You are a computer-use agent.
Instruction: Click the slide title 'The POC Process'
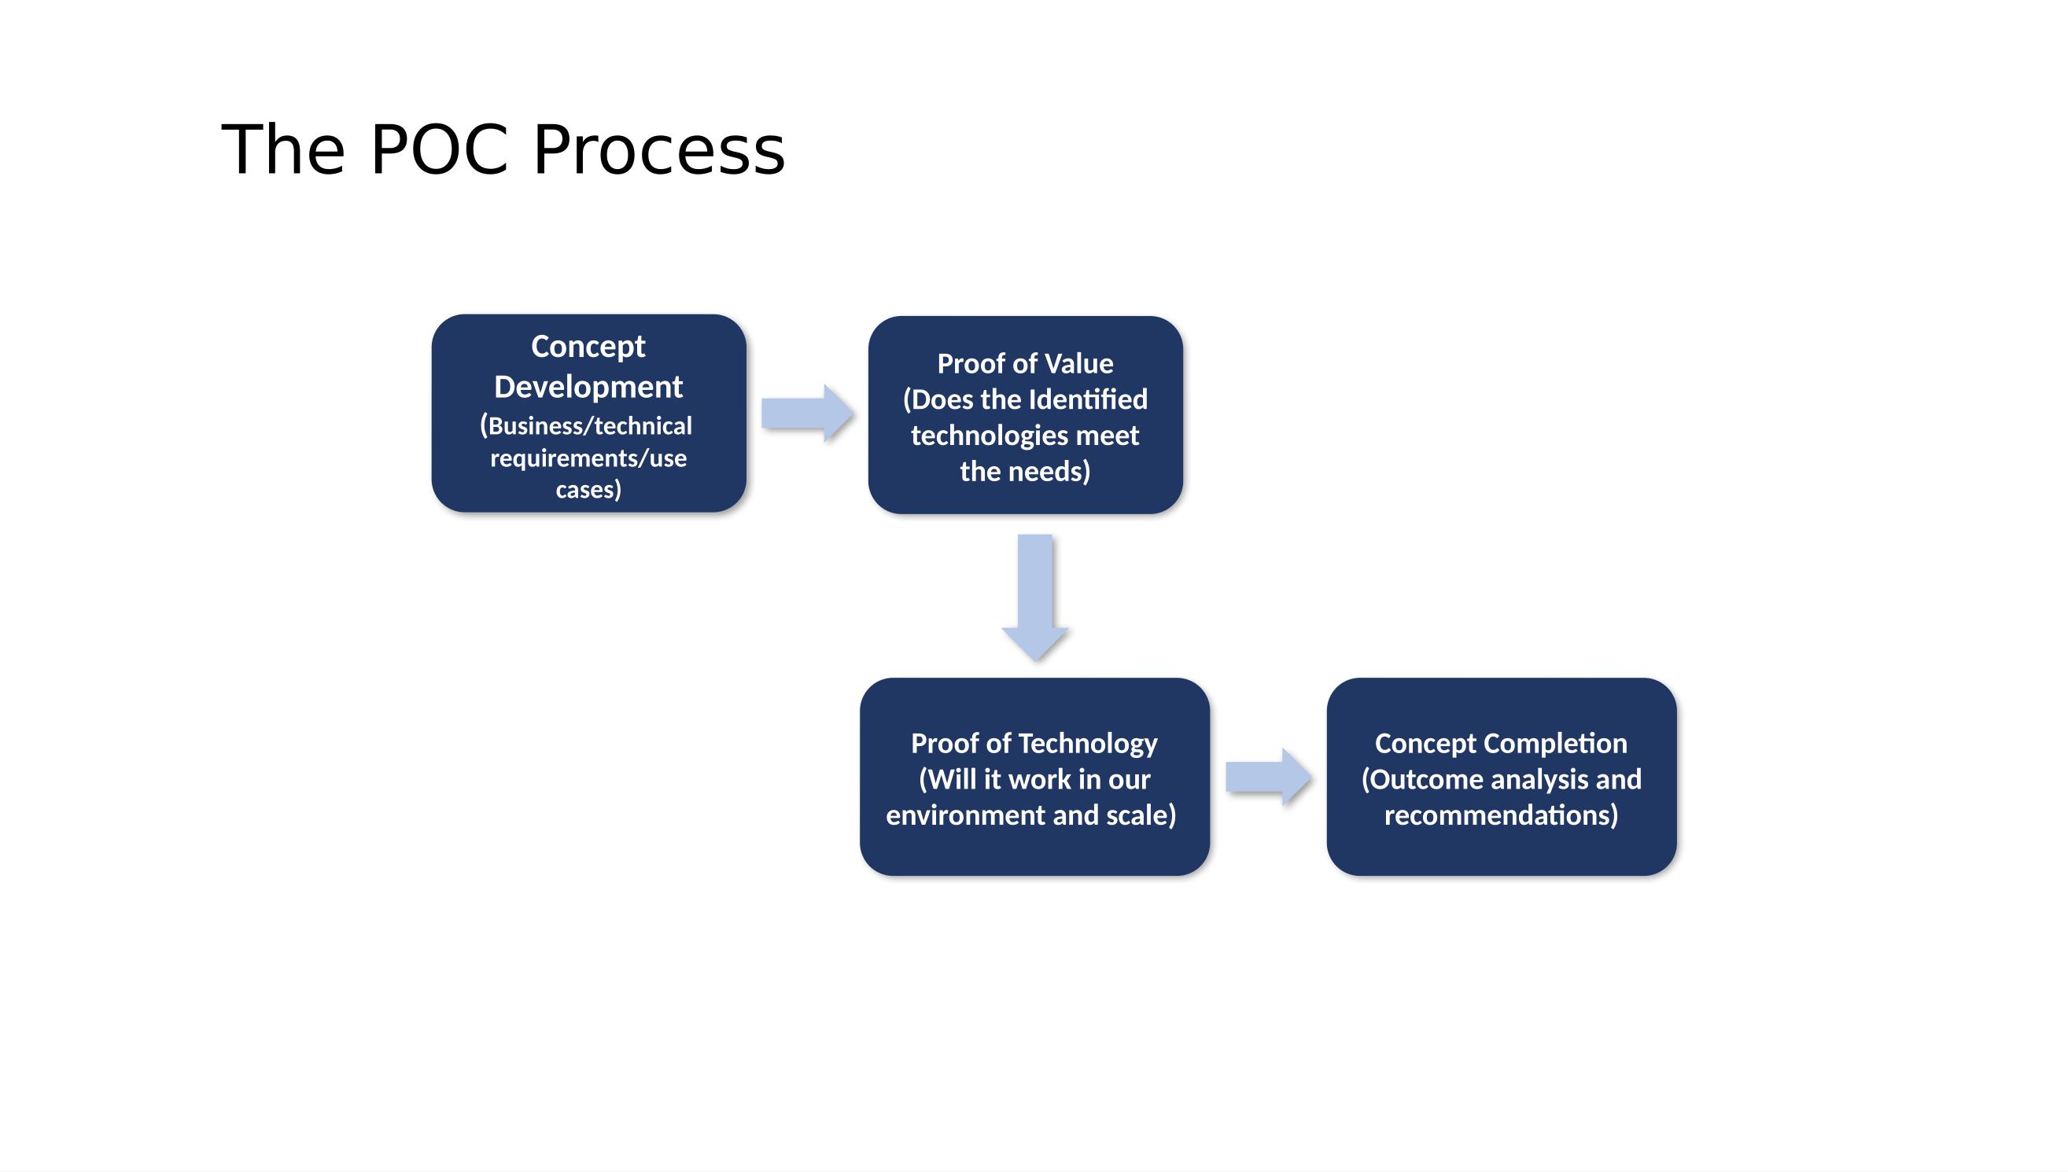[503, 150]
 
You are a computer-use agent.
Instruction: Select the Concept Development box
[588, 414]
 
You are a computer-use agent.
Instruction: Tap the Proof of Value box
[1025, 415]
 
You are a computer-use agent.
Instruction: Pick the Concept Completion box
[1502, 777]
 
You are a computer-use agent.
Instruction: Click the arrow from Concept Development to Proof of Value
[807, 414]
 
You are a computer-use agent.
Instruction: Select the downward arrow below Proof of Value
[1035, 598]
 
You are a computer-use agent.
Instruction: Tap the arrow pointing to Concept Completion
[1269, 777]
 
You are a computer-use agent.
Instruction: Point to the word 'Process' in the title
[659, 150]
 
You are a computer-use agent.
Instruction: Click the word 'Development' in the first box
[588, 387]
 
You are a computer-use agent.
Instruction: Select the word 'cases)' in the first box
[588, 490]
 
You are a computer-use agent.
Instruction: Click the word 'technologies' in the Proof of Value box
[990, 436]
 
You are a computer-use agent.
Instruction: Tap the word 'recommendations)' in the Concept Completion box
[1502, 815]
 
